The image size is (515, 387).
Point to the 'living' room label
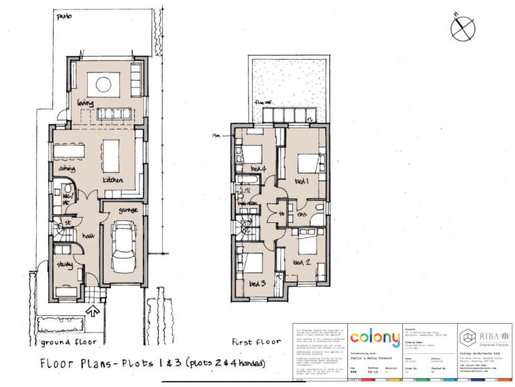point(84,103)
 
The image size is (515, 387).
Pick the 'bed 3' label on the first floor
point(257,284)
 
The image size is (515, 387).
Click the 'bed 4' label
point(259,169)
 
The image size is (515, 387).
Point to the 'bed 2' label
point(302,261)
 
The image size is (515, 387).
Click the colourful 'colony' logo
point(375,337)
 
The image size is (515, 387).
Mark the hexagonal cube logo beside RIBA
point(467,335)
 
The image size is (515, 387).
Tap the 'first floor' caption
point(255,341)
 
